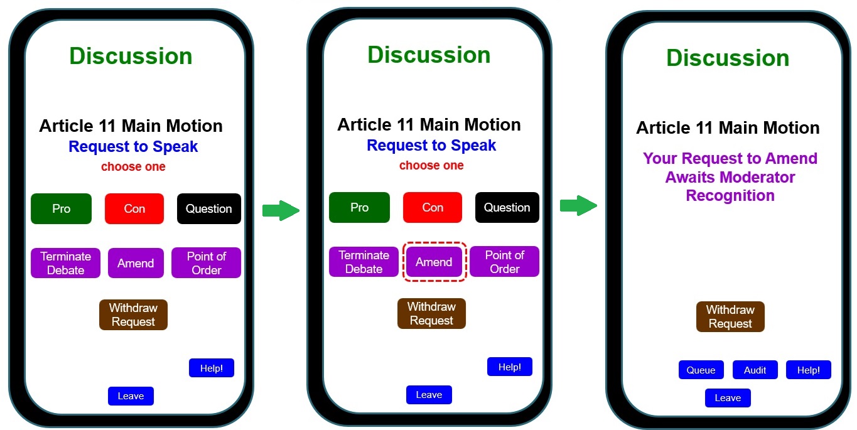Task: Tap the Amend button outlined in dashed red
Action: point(434,262)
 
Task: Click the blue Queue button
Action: point(701,370)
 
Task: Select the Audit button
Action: point(755,370)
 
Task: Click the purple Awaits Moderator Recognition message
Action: point(730,177)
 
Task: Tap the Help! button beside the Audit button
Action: point(808,370)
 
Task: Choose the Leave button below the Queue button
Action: point(728,398)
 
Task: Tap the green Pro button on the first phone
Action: point(61,208)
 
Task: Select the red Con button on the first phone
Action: point(134,208)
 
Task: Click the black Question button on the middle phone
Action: point(507,207)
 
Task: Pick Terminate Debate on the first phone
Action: point(66,263)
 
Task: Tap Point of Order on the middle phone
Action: point(504,262)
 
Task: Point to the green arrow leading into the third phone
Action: point(578,205)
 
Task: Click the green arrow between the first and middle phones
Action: point(280,210)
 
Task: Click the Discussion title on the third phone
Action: point(728,58)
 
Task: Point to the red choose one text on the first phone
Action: point(133,167)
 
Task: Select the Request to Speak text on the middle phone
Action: point(431,146)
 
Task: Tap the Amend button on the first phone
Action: point(136,263)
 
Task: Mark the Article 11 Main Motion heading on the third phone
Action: point(728,128)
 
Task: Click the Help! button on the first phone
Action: point(211,368)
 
